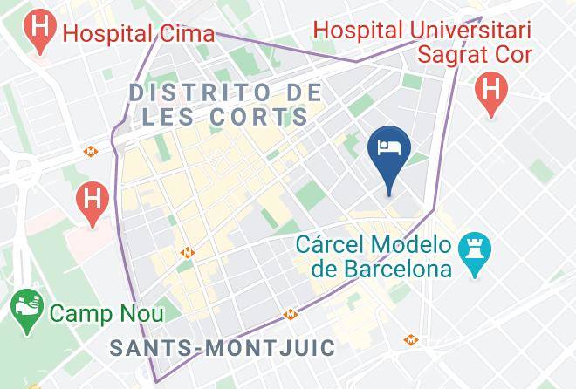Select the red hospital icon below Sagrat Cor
coord(491,92)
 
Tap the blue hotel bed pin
coord(387,149)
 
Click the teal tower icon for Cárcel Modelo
coord(476,254)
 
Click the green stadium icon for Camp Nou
coord(24,311)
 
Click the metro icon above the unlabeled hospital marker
coord(89,151)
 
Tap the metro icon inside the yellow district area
coord(187,252)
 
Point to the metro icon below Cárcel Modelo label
coord(408,339)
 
